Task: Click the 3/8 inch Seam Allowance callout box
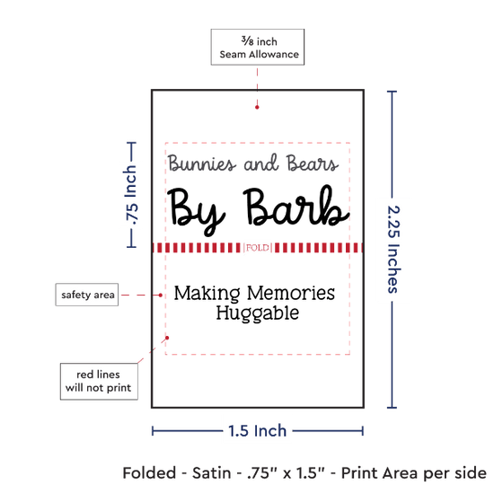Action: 258,47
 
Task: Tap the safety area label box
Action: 87,295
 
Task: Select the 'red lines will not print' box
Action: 99,381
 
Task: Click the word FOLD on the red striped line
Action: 258,248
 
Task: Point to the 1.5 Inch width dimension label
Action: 258,430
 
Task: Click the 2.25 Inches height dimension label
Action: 393,249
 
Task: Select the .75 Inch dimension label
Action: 131,195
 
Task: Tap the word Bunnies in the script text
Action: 202,163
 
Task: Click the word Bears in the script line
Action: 313,163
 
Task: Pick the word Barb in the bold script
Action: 296,207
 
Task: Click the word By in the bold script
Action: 196,211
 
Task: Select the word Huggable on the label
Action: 258,313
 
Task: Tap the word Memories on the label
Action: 291,293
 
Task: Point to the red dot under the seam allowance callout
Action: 257,107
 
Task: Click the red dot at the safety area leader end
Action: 161,296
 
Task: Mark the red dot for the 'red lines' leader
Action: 167,338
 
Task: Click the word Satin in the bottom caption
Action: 211,472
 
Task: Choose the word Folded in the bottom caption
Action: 149,472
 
